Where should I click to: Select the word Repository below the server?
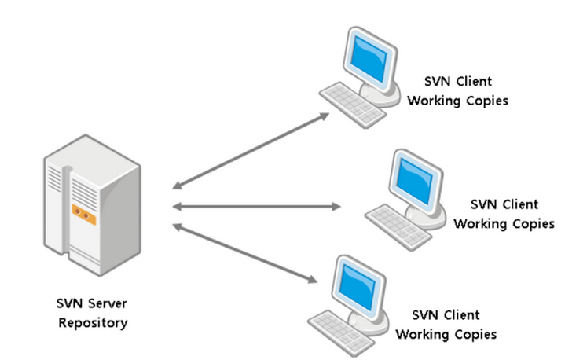pyautogui.click(x=92, y=322)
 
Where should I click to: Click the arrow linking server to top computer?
pyautogui.click(x=251, y=150)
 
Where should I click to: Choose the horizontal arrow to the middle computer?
pyautogui.click(x=256, y=207)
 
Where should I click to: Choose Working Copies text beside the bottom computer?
pyautogui.click(x=446, y=335)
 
